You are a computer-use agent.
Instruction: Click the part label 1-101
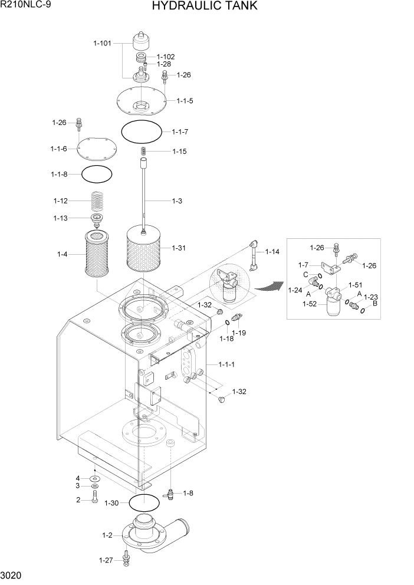[103, 42]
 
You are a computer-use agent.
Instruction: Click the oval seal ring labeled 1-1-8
[96, 174]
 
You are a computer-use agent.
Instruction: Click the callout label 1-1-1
[226, 364]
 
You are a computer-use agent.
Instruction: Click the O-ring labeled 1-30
[144, 502]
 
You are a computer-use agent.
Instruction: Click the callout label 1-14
[272, 252]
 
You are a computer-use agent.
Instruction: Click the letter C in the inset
[306, 274]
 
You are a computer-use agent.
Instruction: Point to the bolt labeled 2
[94, 499]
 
